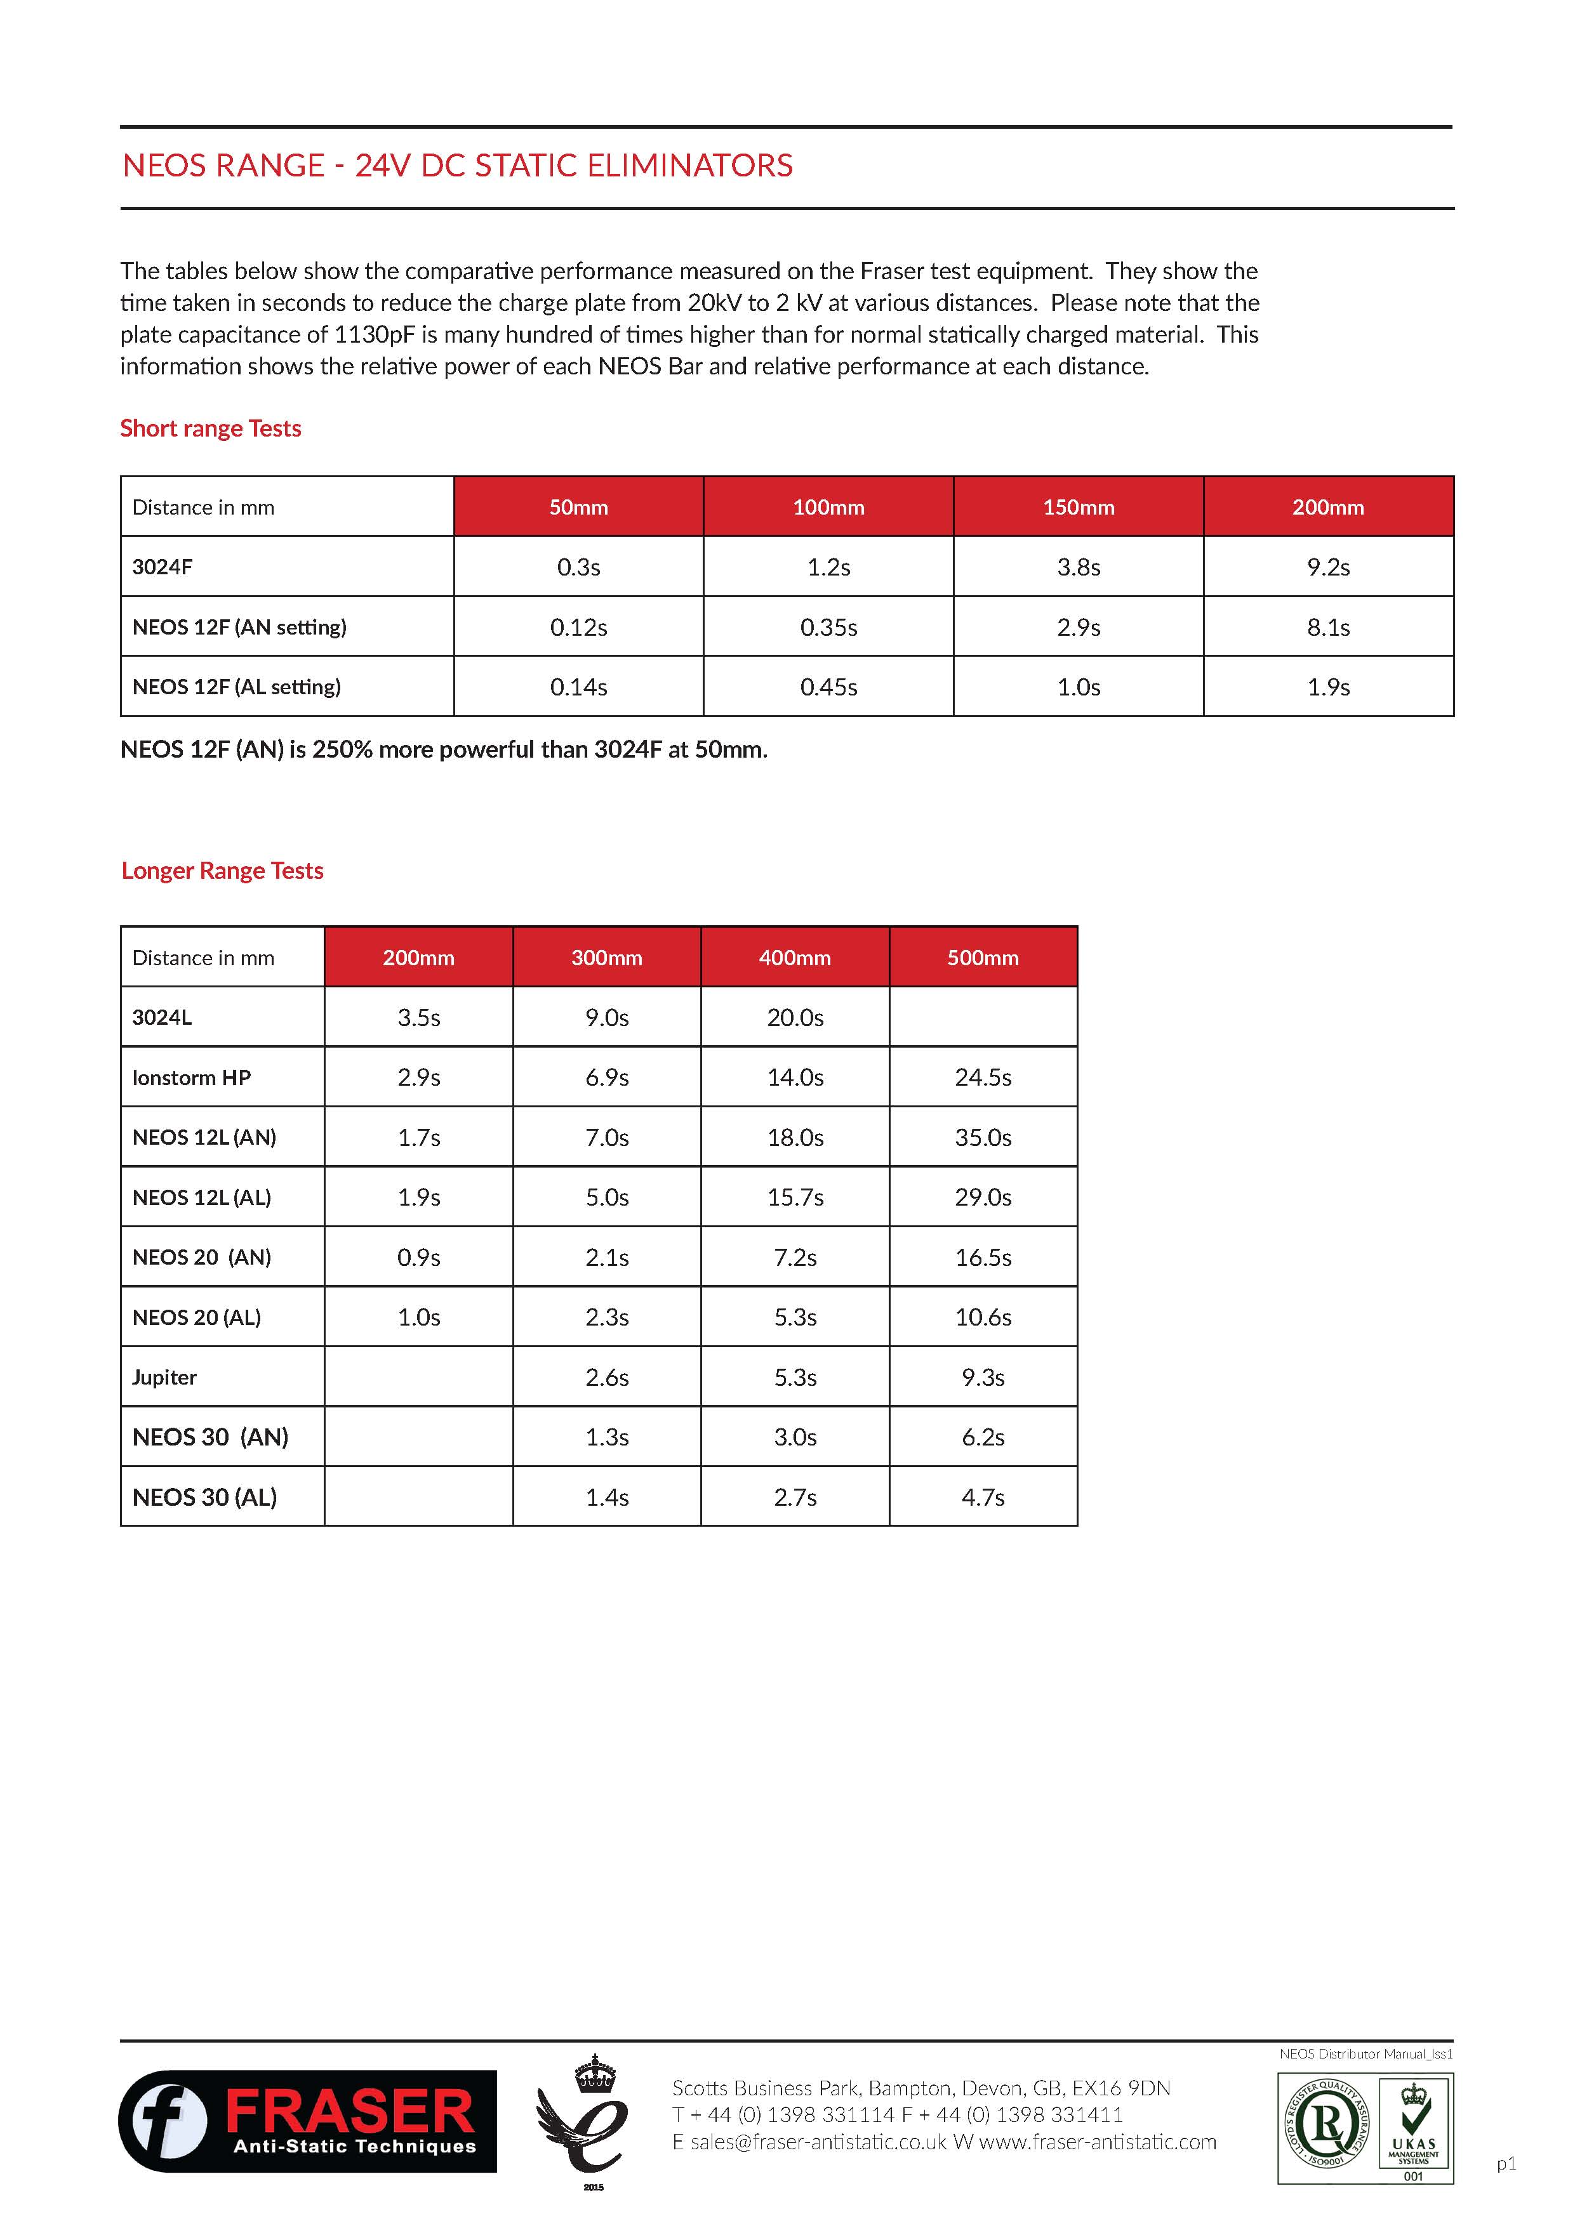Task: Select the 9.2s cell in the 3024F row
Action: [1327, 567]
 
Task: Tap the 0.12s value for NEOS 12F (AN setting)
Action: [578, 628]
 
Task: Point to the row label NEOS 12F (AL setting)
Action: [237, 687]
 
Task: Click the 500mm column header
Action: [983, 958]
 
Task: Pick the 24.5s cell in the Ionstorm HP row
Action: [983, 1077]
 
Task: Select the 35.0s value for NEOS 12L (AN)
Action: [983, 1137]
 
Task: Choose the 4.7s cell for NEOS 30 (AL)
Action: [983, 1497]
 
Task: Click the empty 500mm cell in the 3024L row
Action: [983, 1017]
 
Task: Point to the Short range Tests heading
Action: [211, 428]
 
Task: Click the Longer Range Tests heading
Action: [222, 871]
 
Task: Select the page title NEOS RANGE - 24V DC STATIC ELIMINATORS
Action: [457, 166]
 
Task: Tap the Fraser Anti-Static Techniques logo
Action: [307, 2120]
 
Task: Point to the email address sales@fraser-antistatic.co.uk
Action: [818, 2142]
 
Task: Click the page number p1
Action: [1505, 2163]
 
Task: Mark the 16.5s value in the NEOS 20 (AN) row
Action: [983, 1258]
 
